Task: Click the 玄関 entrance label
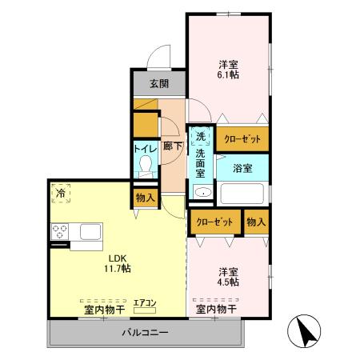158,83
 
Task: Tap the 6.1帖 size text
229,74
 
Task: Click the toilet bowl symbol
146,166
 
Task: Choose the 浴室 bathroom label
242,169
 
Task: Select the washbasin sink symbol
202,193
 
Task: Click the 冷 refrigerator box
60,193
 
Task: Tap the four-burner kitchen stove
61,232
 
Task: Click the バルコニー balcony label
145,331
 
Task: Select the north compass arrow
306,332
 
